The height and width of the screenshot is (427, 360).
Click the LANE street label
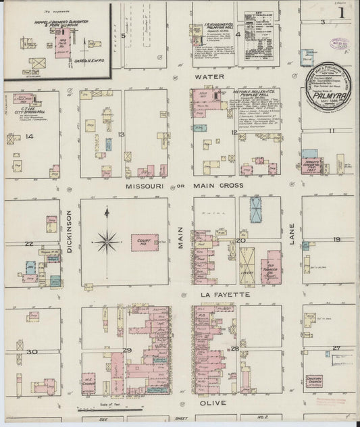pyautogui.click(x=292, y=240)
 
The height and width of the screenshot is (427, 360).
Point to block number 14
pyautogui.click(x=29, y=136)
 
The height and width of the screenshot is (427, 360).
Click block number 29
pyautogui.click(x=127, y=349)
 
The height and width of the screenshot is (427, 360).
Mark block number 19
pyautogui.click(x=336, y=240)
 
